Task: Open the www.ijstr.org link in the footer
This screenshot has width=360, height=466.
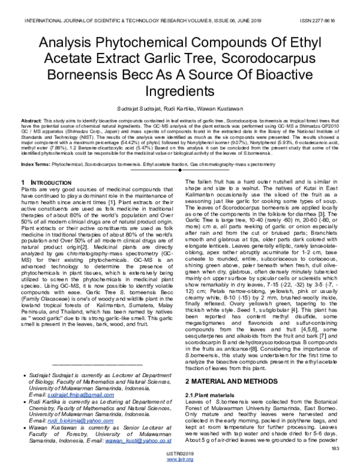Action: coord(179,461)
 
